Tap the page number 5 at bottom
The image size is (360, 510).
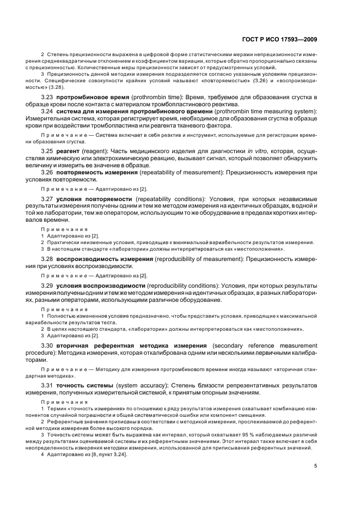tap(316, 465)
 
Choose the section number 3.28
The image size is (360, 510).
tap(48, 259)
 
